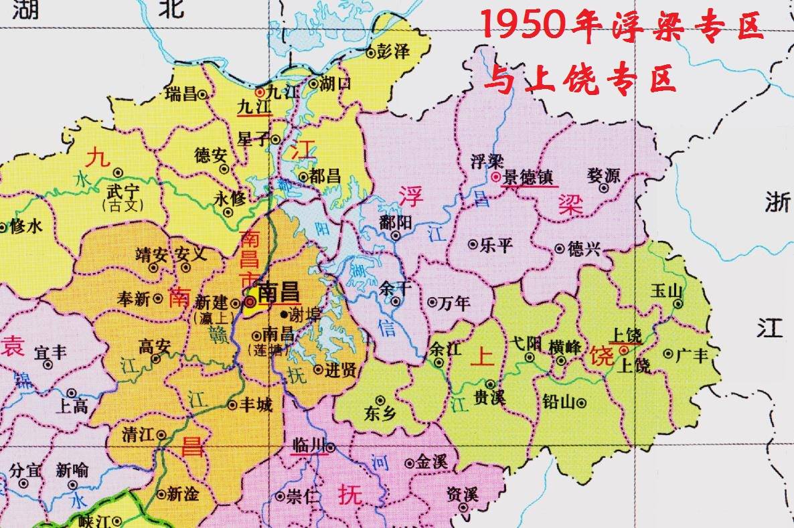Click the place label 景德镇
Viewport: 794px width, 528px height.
[529, 177]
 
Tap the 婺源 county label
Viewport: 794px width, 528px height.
[603, 175]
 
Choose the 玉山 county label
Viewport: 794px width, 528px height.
[665, 290]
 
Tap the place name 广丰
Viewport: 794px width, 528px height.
[692, 354]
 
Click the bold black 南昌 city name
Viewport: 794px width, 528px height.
[278, 292]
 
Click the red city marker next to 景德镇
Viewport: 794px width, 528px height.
[495, 177]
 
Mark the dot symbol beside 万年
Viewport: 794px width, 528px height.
[432, 302]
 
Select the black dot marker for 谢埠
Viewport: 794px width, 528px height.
[284, 313]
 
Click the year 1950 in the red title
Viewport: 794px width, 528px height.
[522, 27]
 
